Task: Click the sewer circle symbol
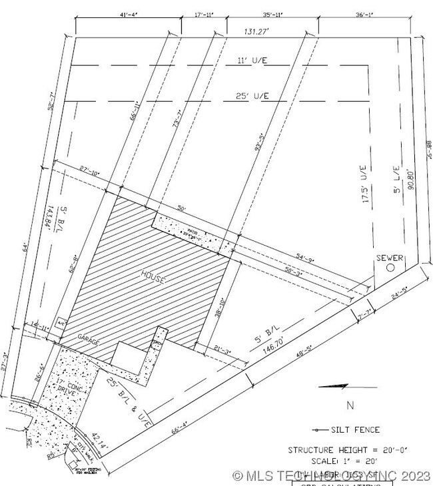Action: (391, 267)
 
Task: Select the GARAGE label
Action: (87, 340)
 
